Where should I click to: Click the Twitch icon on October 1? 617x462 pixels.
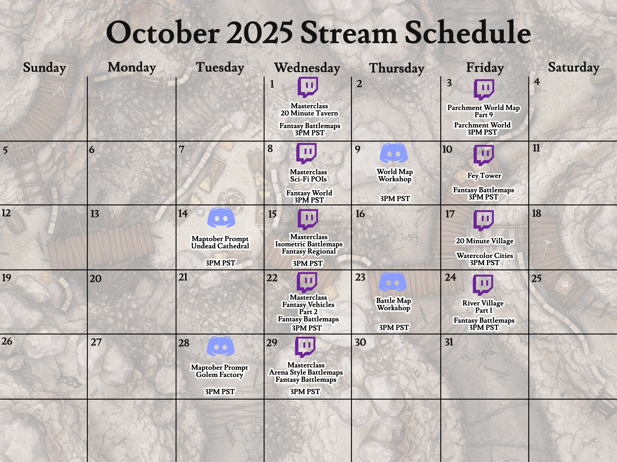click(308, 87)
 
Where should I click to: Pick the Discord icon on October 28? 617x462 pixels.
click(220, 346)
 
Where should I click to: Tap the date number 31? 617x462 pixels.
click(449, 342)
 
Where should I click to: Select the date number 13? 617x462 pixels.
click(95, 214)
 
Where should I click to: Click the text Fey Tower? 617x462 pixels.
click(484, 176)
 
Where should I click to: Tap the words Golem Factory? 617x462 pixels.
click(219, 375)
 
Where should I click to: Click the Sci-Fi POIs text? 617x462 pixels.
click(308, 179)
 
